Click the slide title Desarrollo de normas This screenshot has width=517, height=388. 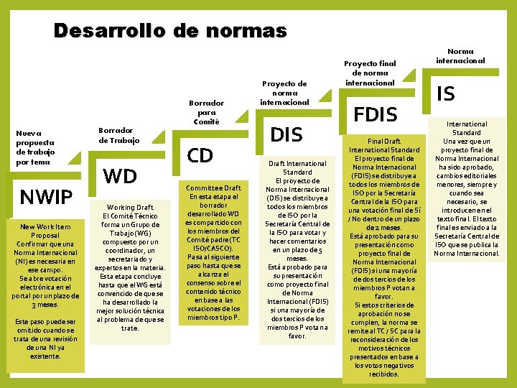170,31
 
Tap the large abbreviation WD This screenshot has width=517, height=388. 120,176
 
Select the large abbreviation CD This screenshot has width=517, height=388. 200,155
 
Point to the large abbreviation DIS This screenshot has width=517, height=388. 286,134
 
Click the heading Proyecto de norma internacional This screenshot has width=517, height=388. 286,92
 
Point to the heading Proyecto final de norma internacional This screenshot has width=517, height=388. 370,73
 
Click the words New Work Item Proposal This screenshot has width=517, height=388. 45,231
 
